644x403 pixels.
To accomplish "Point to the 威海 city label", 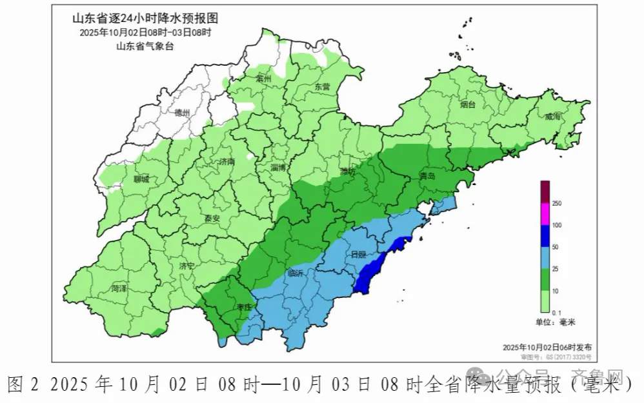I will click(x=553, y=117).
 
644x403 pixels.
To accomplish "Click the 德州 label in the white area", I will click(x=183, y=113).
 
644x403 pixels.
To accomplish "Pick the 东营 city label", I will click(x=322, y=86).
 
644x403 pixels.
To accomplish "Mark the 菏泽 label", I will click(x=119, y=288).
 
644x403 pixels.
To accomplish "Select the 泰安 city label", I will click(x=212, y=219).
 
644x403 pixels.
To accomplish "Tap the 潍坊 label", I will click(x=348, y=172).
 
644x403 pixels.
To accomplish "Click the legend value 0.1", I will click(x=557, y=311).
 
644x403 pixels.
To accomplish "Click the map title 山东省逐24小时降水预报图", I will click(x=145, y=19).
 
